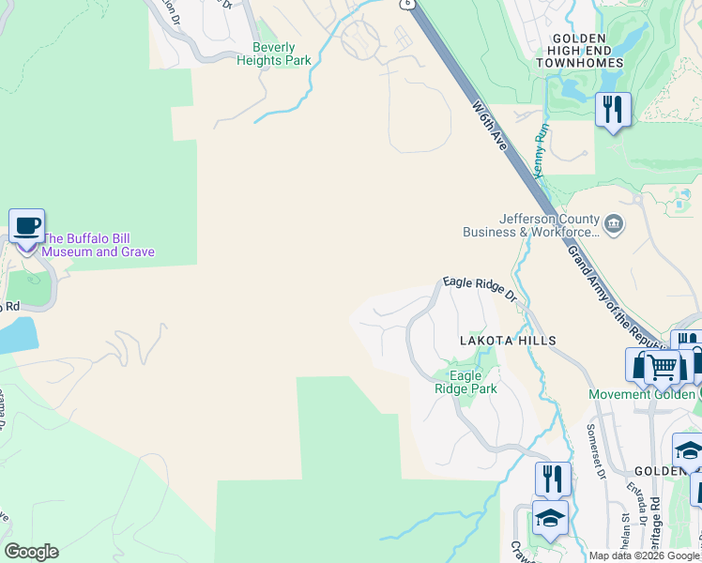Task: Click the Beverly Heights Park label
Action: point(274,53)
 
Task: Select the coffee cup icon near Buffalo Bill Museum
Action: point(26,226)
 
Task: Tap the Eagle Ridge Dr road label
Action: point(480,286)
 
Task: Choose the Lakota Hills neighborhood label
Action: point(507,341)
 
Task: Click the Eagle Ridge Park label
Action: point(465,382)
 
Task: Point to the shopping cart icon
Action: point(663,367)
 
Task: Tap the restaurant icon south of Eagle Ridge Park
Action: point(553,479)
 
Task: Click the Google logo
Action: point(31,552)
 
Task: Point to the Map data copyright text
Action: point(645,555)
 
